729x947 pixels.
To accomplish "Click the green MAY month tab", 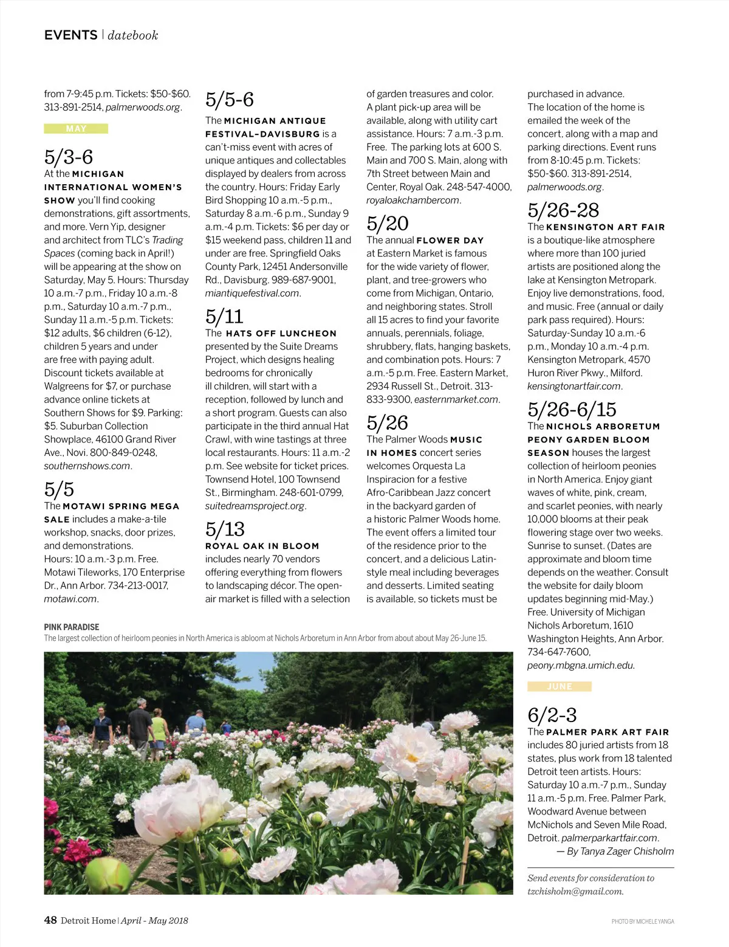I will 76,129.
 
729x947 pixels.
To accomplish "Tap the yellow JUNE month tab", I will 559,687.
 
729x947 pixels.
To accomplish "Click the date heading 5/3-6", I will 69,157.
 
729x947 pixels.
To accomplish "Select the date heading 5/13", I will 225,529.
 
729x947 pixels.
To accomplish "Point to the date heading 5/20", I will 387,224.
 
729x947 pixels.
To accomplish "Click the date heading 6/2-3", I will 552,715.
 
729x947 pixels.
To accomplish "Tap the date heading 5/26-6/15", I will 572,409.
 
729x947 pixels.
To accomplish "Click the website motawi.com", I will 70,599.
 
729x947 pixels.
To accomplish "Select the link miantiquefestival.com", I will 252,294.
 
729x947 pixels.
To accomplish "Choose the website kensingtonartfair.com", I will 574,387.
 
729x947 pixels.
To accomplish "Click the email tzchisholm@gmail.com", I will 575,892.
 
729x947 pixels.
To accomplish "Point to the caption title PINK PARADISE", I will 72,627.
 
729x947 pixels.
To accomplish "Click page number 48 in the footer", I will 50,920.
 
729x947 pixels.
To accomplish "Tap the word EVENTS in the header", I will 70,35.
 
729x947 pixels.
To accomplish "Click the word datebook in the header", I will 133,36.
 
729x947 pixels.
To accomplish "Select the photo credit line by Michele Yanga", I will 643,922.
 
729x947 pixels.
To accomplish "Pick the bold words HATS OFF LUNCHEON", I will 281,334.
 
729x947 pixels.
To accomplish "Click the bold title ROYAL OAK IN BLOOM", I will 262,546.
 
